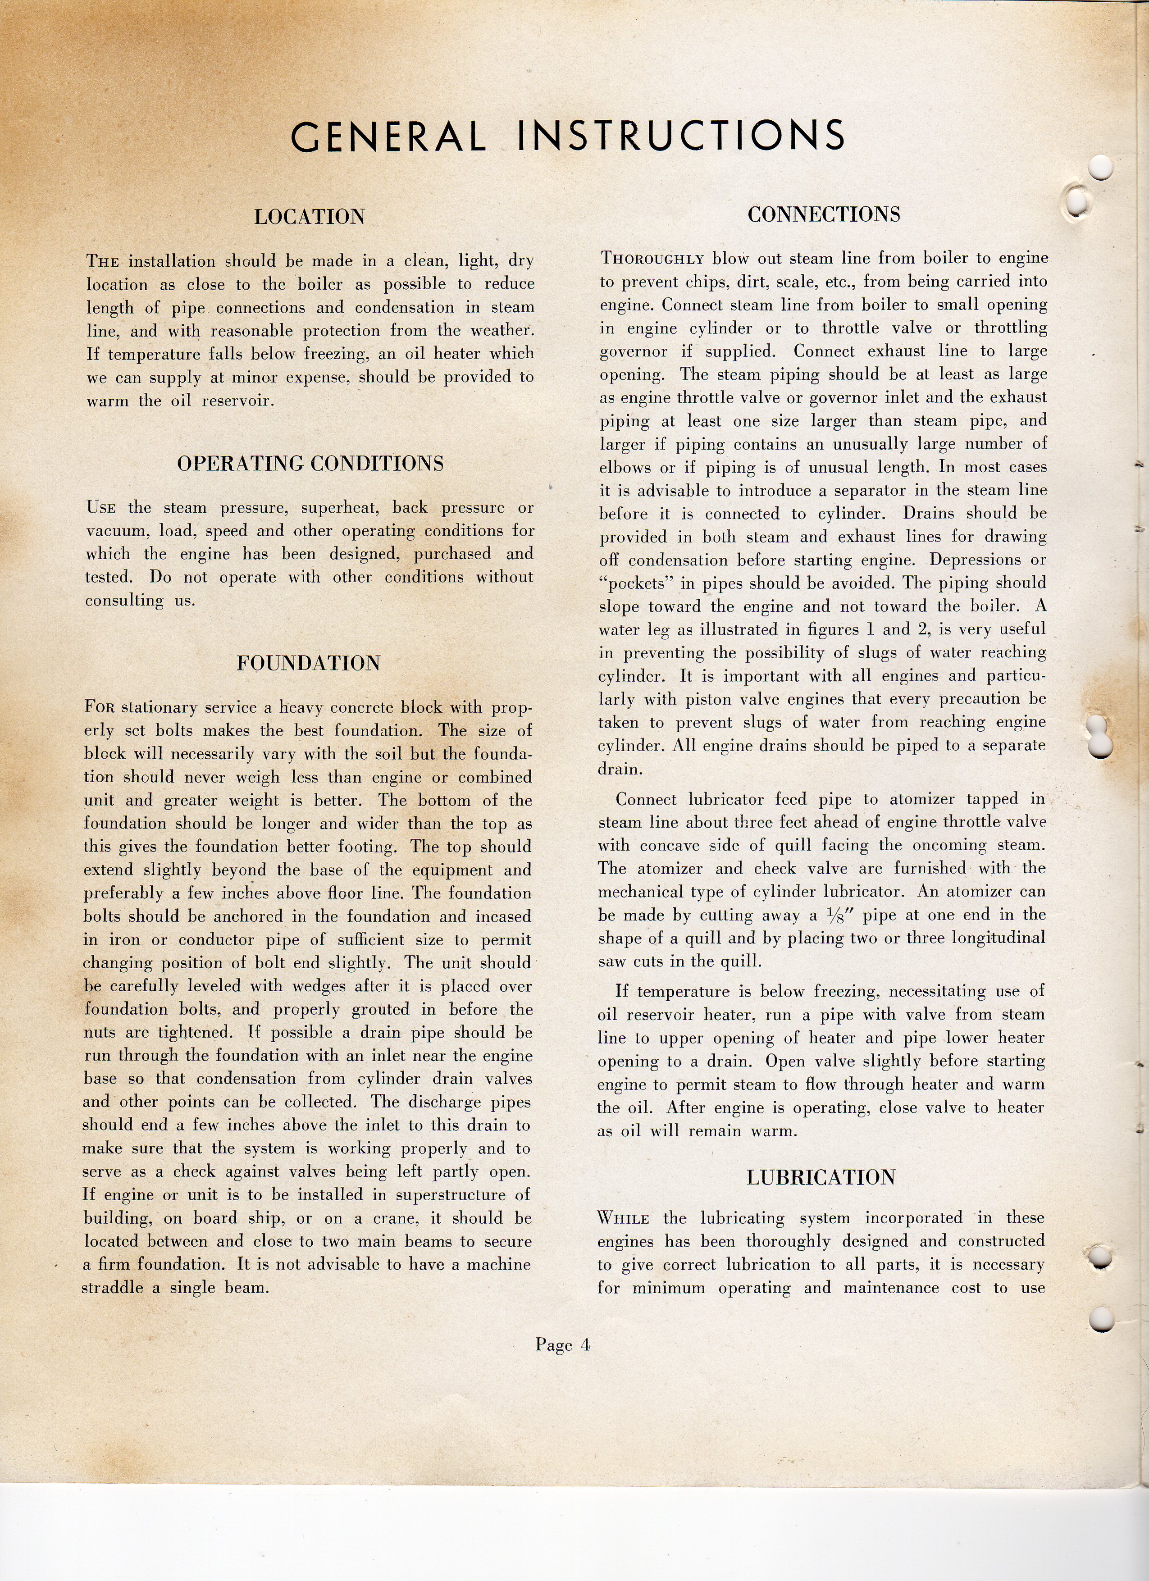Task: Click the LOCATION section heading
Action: point(310,217)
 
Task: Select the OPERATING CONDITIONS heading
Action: point(310,464)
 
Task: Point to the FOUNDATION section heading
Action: point(308,663)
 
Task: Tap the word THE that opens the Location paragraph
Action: point(102,261)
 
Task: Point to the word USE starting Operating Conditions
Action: point(101,507)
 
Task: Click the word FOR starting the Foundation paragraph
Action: point(99,707)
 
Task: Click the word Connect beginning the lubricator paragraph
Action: point(646,800)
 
